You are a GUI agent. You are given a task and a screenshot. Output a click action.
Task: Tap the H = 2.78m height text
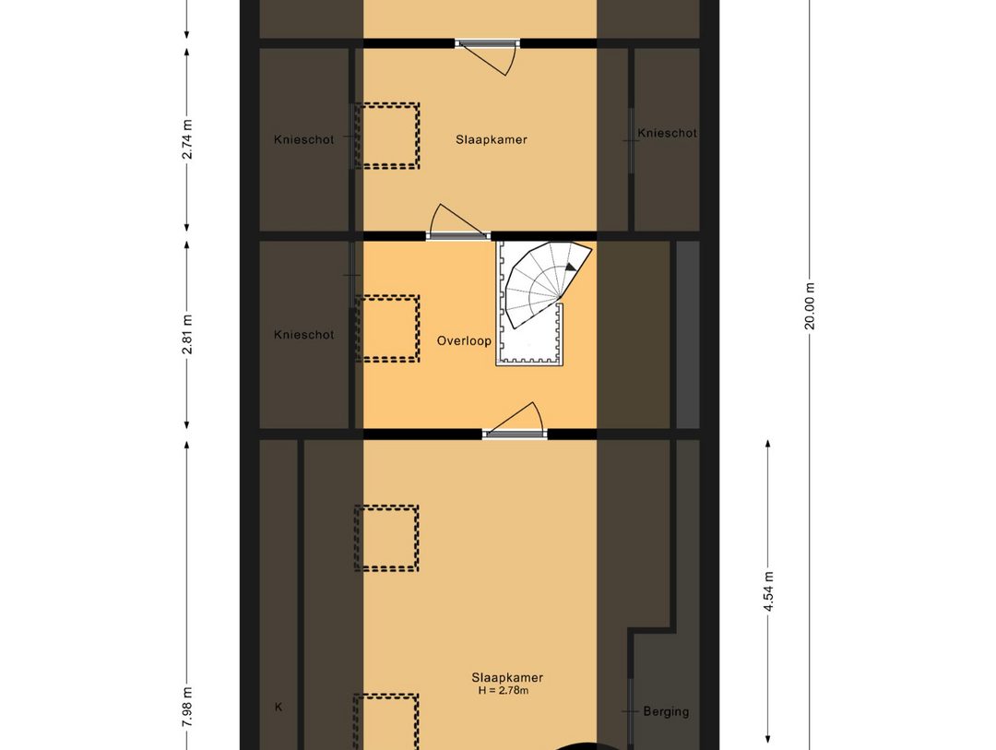tap(503, 690)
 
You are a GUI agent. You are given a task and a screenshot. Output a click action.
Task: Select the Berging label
tap(666, 711)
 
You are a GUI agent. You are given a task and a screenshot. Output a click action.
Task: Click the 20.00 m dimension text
tap(810, 304)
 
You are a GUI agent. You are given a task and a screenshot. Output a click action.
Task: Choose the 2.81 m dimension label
tap(187, 335)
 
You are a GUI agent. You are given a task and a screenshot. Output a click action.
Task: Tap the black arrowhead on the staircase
tap(571, 267)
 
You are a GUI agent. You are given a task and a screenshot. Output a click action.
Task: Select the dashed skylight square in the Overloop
tap(387, 328)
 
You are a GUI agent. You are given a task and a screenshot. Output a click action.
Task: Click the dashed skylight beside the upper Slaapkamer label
tap(387, 136)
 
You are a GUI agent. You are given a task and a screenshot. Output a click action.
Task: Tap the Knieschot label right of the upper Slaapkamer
tap(667, 133)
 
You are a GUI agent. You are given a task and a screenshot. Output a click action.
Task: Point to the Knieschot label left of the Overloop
tap(303, 335)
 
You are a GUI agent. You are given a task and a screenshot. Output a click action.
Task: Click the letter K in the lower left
tap(278, 708)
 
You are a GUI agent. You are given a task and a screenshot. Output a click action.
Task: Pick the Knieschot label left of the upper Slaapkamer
tap(303, 140)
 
